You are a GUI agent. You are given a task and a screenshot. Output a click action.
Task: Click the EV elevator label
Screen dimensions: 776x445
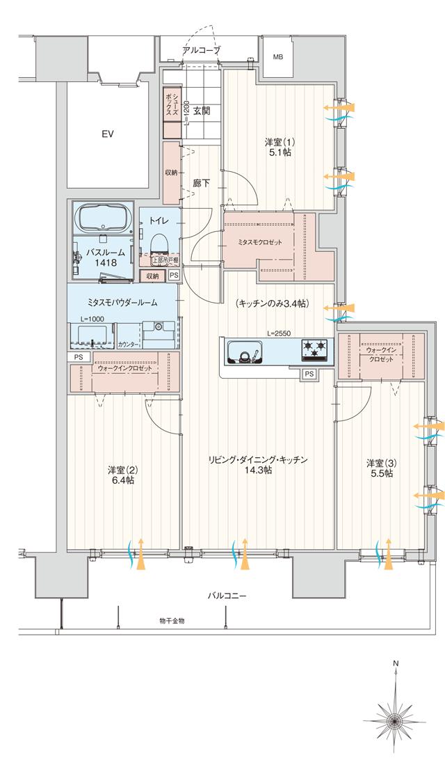[108, 134]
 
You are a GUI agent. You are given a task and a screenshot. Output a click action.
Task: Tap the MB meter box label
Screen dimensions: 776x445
[278, 57]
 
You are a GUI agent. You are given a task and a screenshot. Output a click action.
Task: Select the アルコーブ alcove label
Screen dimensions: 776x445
[201, 51]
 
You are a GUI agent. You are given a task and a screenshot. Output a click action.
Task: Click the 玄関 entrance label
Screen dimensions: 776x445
[202, 110]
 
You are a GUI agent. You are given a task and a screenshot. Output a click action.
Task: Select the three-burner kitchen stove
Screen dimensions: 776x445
[315, 350]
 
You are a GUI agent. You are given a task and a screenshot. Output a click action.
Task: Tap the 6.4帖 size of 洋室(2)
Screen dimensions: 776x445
[121, 480]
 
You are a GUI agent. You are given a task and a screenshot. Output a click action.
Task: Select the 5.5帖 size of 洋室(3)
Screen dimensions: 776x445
[380, 473]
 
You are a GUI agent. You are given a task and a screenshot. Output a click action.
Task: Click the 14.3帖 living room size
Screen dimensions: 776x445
[258, 470]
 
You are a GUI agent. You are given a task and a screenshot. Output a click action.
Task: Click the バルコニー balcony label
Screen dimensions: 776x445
[227, 596]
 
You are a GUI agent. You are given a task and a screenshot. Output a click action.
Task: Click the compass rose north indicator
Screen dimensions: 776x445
[395, 717]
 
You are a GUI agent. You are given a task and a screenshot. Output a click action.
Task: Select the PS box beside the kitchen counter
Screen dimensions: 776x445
[308, 374]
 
